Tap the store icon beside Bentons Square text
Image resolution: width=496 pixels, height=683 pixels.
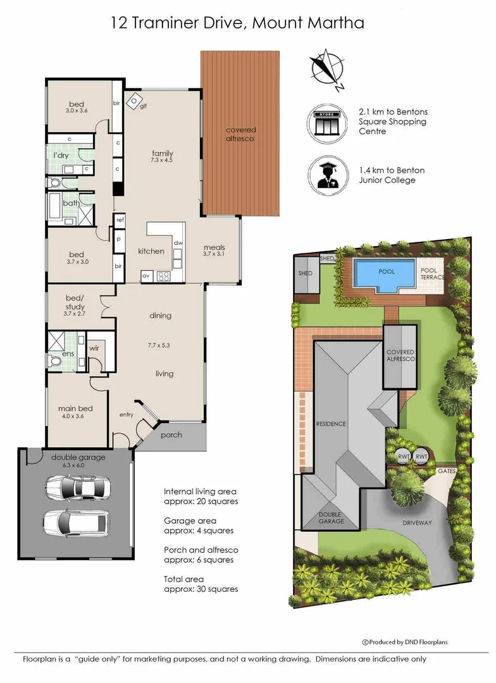[327, 123]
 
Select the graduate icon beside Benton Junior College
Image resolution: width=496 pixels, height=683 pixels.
[328, 175]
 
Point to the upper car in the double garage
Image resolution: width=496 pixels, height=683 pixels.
[78, 486]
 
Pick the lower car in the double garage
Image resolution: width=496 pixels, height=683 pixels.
[77, 522]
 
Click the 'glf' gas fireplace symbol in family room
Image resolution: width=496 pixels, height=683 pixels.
[134, 101]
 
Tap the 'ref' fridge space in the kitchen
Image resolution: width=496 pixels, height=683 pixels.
[120, 220]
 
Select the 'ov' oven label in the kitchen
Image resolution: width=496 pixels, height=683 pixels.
[146, 276]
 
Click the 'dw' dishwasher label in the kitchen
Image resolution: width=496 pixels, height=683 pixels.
[178, 243]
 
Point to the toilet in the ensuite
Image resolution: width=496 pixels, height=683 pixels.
[54, 361]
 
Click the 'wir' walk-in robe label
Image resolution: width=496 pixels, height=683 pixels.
[94, 348]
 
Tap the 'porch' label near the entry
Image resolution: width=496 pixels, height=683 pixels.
[171, 434]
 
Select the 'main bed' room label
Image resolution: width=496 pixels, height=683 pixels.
[75, 408]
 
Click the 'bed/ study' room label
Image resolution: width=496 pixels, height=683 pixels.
[75, 302]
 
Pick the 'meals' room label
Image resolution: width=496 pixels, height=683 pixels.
[214, 247]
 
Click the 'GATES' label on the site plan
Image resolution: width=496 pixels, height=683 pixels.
[447, 471]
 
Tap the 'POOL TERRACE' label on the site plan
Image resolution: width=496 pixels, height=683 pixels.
[432, 274]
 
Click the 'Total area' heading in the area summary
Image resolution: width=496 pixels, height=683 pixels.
[183, 579]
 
